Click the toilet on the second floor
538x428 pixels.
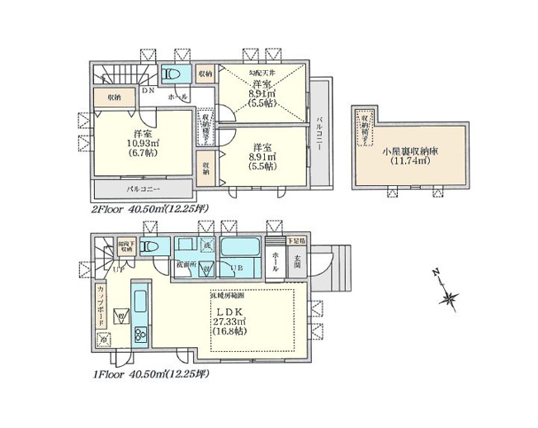click(x=172, y=75)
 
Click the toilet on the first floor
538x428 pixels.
click(x=149, y=247)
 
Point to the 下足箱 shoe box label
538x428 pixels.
click(x=295, y=240)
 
